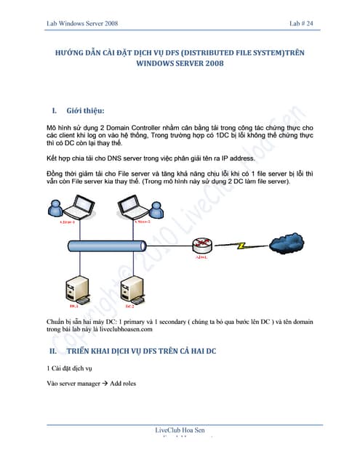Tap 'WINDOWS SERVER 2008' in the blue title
tap(180, 63)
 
